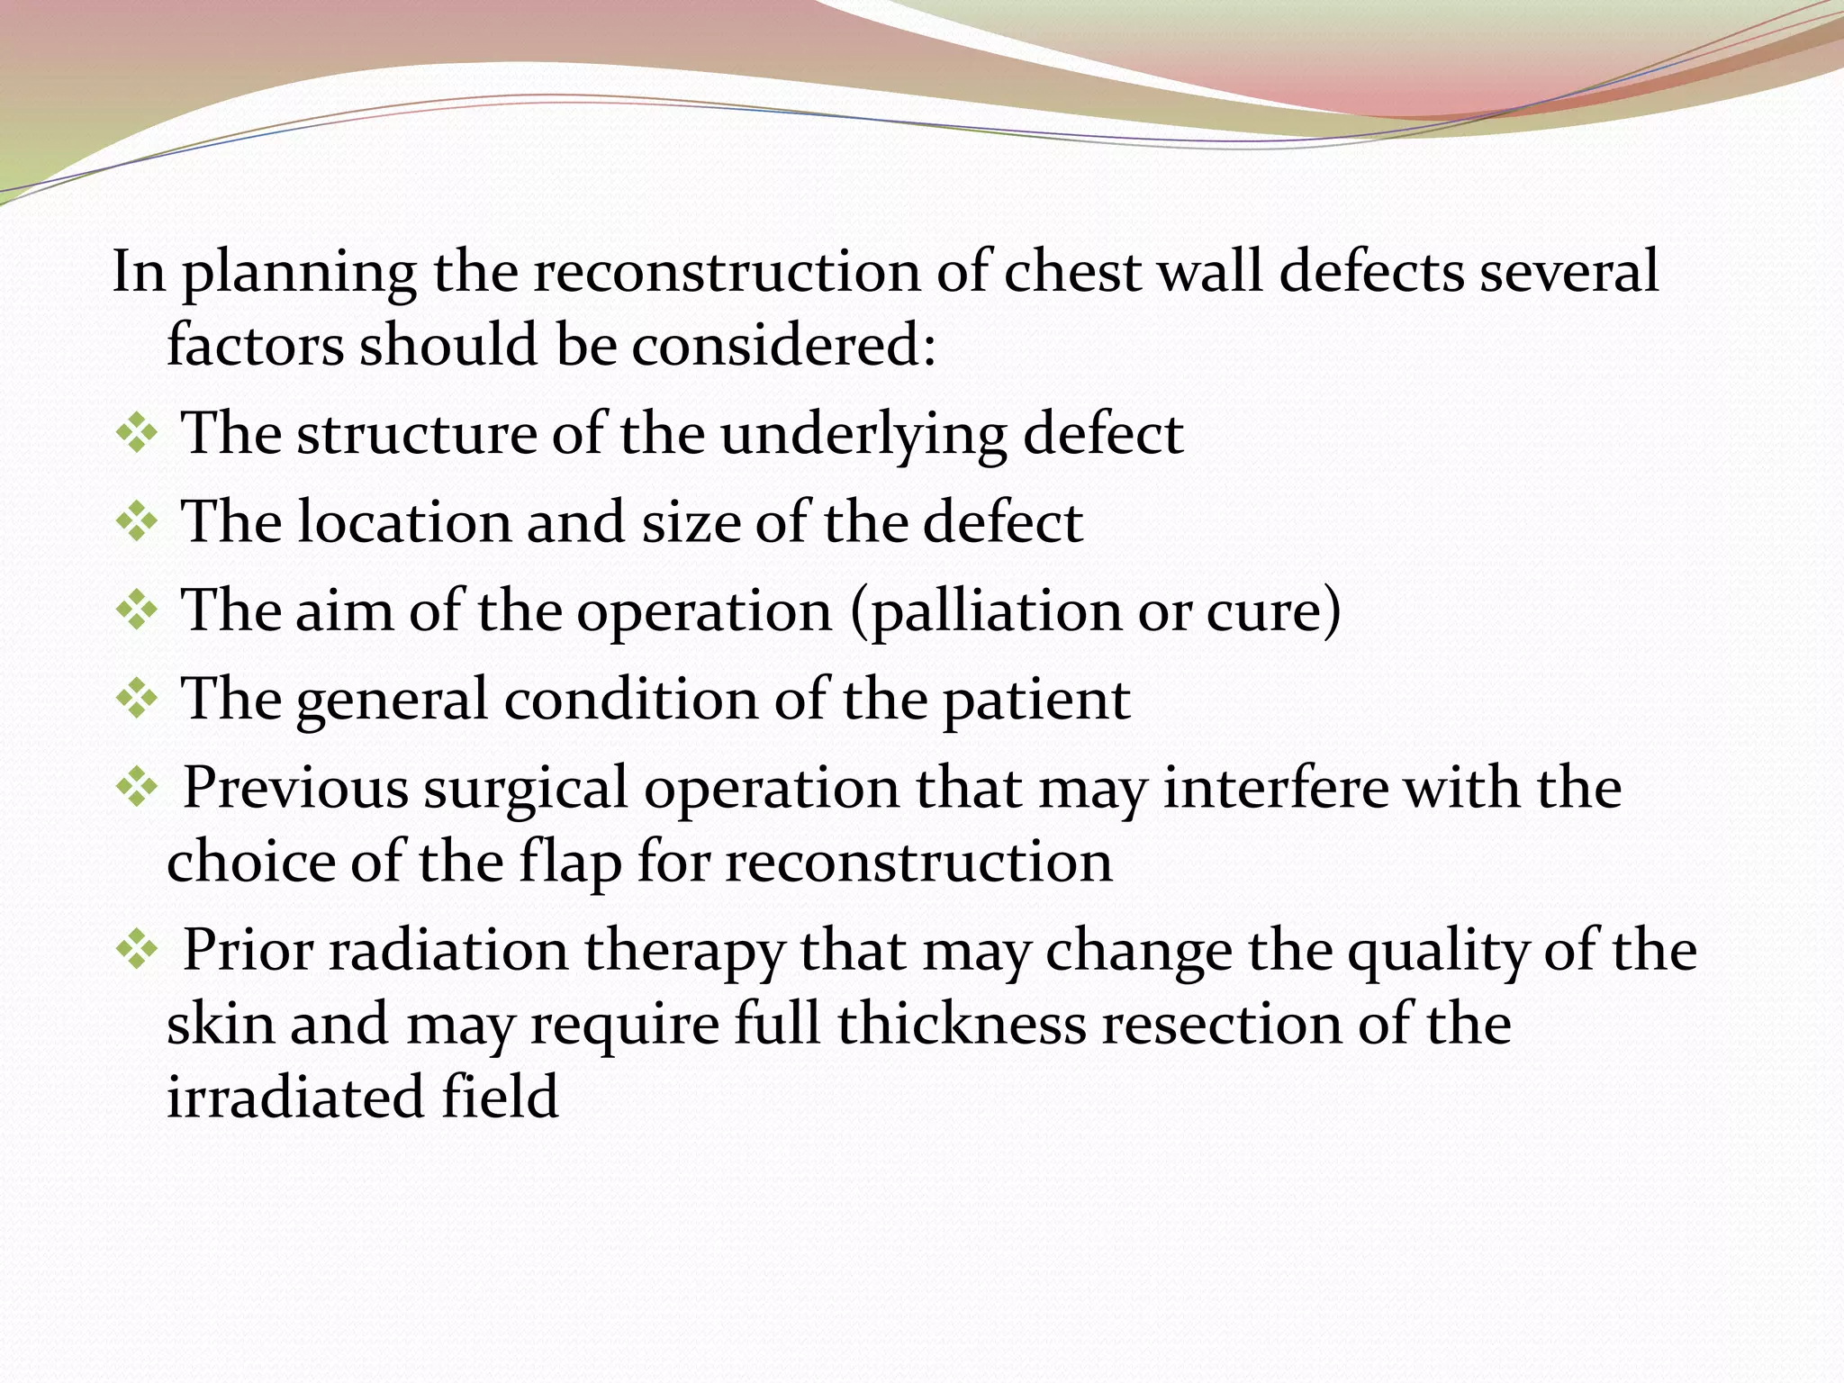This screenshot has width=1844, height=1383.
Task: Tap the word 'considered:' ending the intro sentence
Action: [782, 346]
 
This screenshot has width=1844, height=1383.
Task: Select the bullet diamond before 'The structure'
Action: [136, 435]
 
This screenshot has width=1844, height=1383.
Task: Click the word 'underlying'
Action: [863, 435]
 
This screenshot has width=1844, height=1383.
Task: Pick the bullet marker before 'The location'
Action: [136, 523]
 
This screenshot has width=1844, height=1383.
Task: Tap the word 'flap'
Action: [569, 863]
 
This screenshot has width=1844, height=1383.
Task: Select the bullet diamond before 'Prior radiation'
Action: [136, 952]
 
